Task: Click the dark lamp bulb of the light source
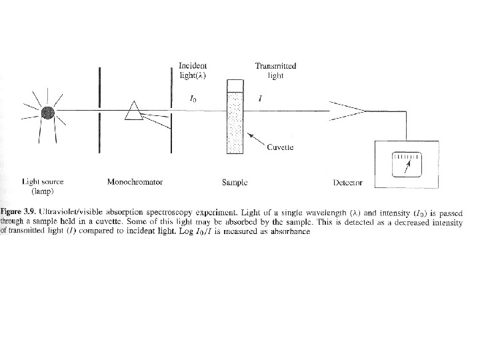pyautogui.click(x=47, y=112)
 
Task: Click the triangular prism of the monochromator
pyautogui.click(x=135, y=111)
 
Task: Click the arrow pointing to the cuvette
pyautogui.click(x=255, y=140)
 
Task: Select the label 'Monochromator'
pyautogui.click(x=135, y=181)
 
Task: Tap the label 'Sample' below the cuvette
pyautogui.click(x=235, y=182)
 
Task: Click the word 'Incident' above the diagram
pyautogui.click(x=193, y=65)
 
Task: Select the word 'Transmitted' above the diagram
pyautogui.click(x=275, y=65)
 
